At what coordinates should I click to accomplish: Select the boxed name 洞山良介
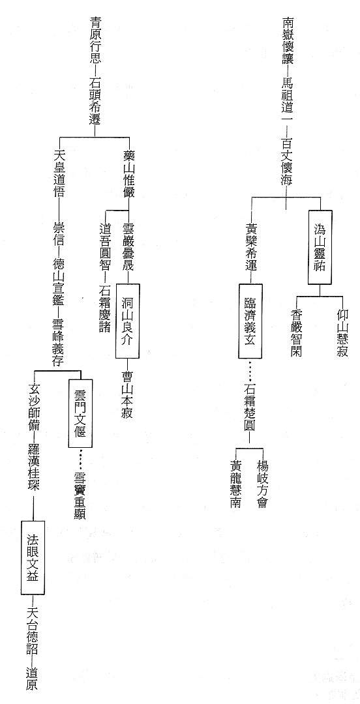click(x=128, y=321)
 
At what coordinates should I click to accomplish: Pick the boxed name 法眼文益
click(x=33, y=557)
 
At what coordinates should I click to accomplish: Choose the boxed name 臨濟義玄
click(x=250, y=321)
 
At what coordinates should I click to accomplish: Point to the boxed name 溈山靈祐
click(x=320, y=248)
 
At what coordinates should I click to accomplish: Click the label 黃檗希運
click(x=251, y=247)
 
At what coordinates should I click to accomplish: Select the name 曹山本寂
click(x=128, y=394)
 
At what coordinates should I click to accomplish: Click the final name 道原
click(x=33, y=678)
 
